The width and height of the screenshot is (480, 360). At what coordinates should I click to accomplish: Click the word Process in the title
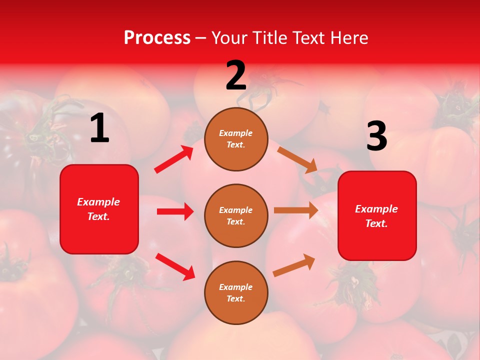[157, 38]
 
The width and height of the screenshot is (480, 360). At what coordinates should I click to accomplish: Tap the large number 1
[99, 128]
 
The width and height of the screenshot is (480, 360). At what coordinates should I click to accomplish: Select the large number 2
[236, 76]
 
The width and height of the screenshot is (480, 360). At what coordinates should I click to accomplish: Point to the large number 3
[376, 136]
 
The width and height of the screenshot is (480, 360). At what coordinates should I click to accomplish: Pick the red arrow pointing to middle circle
[175, 211]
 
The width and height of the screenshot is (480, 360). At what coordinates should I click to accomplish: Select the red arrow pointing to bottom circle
[175, 266]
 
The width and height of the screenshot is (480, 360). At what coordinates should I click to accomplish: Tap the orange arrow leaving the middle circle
[296, 210]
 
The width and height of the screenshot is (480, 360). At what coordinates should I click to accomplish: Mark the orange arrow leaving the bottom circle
[294, 265]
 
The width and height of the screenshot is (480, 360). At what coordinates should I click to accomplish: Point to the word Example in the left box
[98, 202]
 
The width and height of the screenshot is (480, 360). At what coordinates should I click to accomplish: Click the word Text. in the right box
[376, 223]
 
